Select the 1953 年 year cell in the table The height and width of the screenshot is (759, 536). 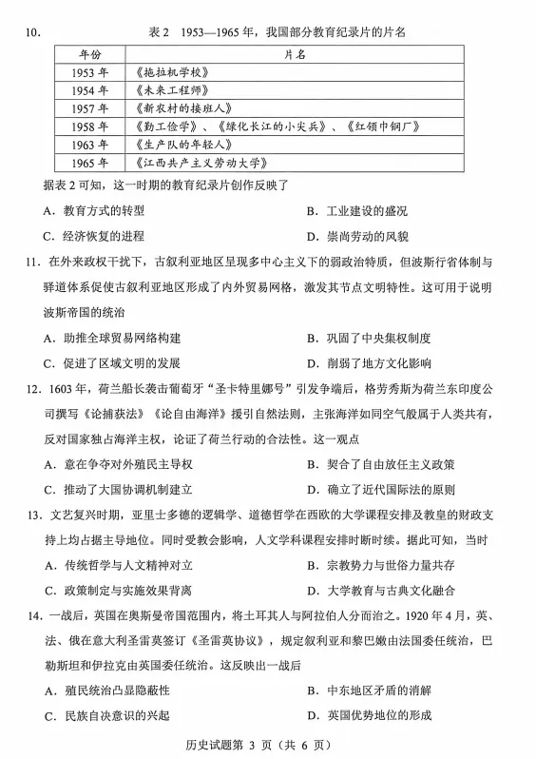click(x=90, y=72)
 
